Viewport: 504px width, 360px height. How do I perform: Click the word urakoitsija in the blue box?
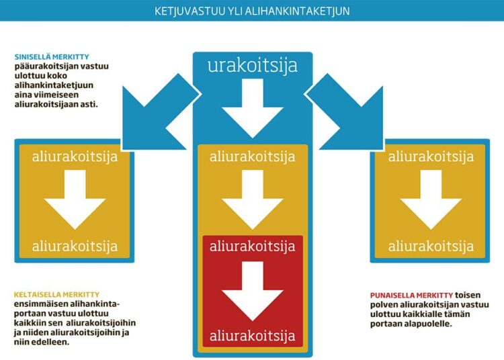[252, 66]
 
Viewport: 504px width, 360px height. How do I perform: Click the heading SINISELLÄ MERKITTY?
[52, 57]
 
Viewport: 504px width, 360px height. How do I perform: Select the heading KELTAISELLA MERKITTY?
[56, 294]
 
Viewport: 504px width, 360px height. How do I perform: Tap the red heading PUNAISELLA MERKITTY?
[411, 295]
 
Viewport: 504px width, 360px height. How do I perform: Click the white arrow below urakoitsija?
[252, 108]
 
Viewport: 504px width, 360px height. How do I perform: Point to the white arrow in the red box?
[252, 291]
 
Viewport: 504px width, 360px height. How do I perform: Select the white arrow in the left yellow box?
[75, 199]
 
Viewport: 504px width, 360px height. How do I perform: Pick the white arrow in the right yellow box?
[431, 199]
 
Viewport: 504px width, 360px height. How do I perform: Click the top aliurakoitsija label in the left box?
[75, 156]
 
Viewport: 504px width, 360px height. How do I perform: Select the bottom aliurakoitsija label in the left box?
[75, 246]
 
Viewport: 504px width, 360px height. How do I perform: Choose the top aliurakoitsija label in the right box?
[431, 156]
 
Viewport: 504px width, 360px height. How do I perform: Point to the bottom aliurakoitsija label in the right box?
[431, 246]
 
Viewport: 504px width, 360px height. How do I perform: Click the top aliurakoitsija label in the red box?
[252, 246]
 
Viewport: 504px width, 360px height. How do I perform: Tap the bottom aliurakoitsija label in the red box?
[252, 336]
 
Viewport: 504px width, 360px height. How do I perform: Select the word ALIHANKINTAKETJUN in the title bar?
[297, 11]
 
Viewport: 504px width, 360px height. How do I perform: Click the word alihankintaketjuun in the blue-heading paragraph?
[54, 85]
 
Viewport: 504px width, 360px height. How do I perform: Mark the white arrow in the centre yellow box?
[252, 199]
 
